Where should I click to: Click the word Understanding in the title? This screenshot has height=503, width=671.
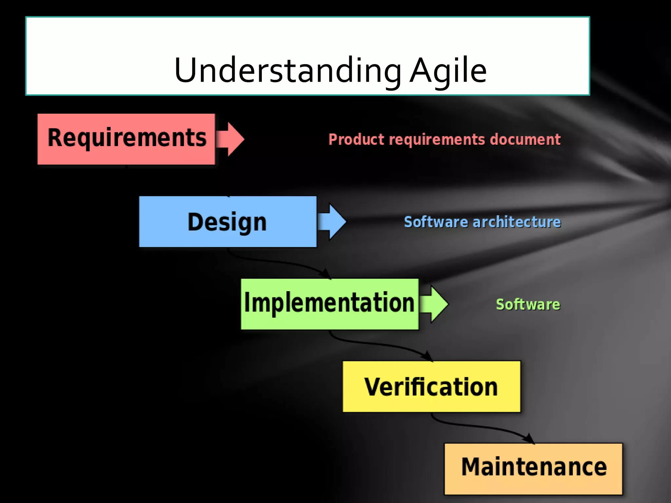(288, 70)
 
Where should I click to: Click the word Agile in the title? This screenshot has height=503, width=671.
(448, 70)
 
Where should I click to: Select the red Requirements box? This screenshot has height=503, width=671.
(126, 139)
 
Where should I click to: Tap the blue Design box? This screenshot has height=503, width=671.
(227, 222)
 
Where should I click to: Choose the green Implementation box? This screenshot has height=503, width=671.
(329, 304)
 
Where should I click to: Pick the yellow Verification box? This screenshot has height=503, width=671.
(431, 387)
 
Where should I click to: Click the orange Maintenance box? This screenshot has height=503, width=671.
(533, 469)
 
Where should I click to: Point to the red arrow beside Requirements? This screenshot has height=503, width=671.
(231, 139)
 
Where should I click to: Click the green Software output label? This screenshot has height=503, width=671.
(528, 305)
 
